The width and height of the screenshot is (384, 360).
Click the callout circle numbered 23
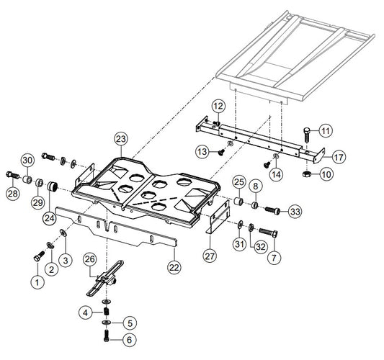[121, 139]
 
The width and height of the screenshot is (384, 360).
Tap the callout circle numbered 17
[339, 157]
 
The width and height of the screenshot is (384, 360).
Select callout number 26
[90, 259]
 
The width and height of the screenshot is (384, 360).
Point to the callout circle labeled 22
[174, 267]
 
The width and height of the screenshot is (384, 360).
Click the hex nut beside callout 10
[307, 174]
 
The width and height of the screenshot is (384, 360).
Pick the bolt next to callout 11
[307, 134]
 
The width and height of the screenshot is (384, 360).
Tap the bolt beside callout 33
[272, 210]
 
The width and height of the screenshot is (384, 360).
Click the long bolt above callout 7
[268, 233]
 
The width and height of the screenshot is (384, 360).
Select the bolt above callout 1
[39, 256]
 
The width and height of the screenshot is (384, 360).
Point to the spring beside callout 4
[107, 312]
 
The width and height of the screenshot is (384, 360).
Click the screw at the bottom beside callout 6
[107, 336]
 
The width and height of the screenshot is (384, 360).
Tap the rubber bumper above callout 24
[52, 187]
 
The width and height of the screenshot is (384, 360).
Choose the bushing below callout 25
[238, 201]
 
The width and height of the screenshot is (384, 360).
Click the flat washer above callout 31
[241, 224]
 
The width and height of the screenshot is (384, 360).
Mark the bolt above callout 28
[12, 175]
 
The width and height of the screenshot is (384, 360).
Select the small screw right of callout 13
[221, 153]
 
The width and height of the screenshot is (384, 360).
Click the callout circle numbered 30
[27, 161]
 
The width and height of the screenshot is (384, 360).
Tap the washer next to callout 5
[107, 323]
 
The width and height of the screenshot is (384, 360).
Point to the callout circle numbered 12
[218, 107]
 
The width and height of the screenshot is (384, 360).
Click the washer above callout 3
[63, 233]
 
